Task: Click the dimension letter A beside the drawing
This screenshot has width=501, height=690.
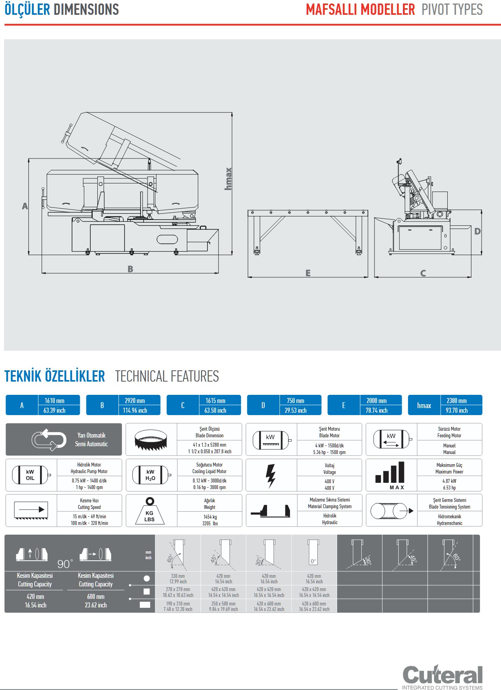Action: pos(25,206)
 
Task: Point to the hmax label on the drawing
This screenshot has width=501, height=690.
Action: pos(228,179)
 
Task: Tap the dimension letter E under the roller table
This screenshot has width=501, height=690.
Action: pos(308,273)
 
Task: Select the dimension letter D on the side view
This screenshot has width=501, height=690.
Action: pos(477,231)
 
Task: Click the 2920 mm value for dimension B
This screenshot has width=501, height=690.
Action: pos(135,400)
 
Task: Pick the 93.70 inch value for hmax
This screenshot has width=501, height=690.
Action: pos(457,410)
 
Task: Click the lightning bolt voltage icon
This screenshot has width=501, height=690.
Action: pos(271,475)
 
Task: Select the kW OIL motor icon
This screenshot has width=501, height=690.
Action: pos(30,475)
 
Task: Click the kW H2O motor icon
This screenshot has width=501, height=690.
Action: pos(151,475)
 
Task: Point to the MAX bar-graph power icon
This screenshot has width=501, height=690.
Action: pos(390,475)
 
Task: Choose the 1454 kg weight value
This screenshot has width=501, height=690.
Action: pos(210,517)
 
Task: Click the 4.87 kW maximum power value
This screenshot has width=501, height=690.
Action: pos(449,481)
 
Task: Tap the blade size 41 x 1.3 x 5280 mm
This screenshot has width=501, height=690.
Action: pos(209,445)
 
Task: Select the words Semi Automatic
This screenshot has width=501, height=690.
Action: pos(91,444)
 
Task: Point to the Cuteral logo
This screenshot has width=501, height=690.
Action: pos(442,676)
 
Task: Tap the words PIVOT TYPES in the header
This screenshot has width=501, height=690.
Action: pos(452,9)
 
